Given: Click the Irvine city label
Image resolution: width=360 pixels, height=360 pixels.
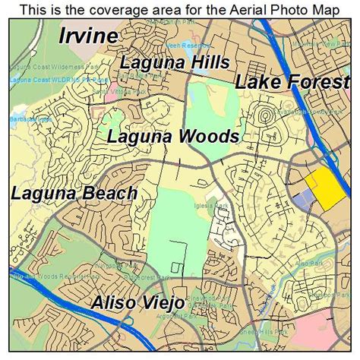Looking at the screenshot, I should [x=88, y=36].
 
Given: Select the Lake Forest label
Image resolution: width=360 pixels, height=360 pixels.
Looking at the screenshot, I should [x=292, y=83].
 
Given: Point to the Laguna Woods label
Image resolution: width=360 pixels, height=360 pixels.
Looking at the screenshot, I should [x=172, y=137].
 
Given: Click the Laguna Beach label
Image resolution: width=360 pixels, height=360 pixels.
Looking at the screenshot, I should [x=74, y=193].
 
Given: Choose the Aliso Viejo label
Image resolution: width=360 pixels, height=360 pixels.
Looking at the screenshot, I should [x=137, y=303].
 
